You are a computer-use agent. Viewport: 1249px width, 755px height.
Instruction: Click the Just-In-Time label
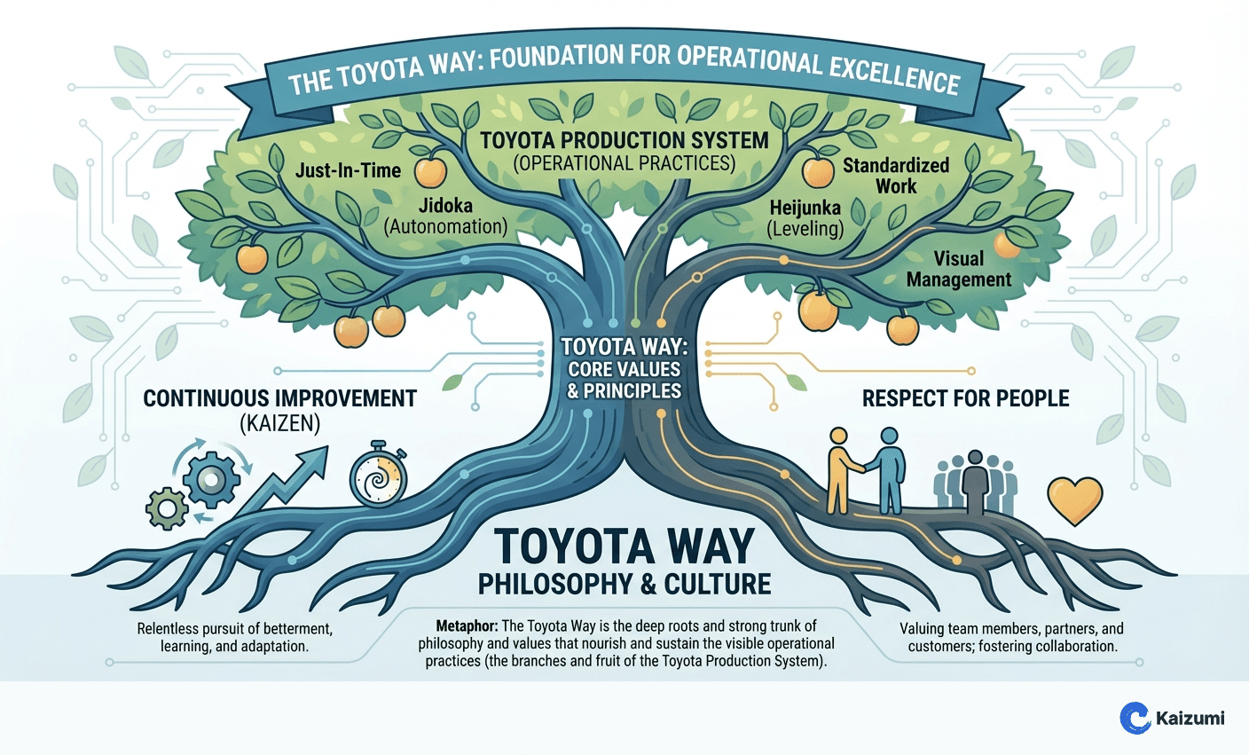[x=348, y=170]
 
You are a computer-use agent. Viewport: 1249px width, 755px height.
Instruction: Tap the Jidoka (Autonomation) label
[x=445, y=216]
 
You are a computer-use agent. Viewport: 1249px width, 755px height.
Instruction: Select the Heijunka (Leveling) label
[x=805, y=217]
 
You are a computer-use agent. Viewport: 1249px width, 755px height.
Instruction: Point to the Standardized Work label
[x=895, y=176]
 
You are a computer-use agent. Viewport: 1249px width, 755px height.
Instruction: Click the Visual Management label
[x=958, y=269]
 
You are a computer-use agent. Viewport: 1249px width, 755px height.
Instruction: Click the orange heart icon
[x=1074, y=500]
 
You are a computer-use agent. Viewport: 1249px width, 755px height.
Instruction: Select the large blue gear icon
[x=211, y=480]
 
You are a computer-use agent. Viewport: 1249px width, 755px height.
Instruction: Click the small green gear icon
[x=167, y=510]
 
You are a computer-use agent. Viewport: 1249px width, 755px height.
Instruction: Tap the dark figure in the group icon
[x=975, y=481]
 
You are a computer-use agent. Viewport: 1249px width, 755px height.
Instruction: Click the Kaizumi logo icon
[x=1135, y=718]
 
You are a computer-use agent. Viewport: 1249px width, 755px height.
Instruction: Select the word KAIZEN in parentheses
[x=279, y=424]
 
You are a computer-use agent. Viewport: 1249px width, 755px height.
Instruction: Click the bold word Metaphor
[x=467, y=625]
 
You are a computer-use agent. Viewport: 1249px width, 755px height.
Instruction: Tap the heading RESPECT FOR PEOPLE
[x=965, y=398]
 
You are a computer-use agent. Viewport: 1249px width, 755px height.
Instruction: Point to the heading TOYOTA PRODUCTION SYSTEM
[x=624, y=140]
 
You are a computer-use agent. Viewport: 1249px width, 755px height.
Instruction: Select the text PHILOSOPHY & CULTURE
[x=624, y=584]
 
